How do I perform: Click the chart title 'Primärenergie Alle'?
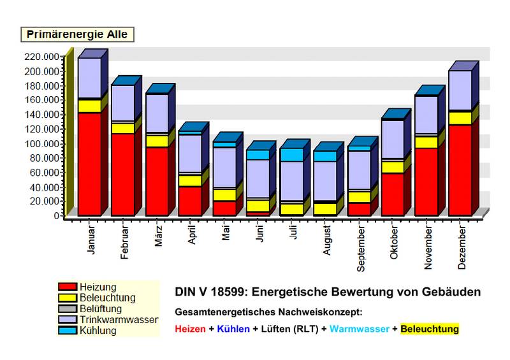(x=78, y=34)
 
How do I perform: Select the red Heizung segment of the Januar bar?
(x=89, y=164)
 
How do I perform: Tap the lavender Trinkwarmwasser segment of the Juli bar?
(x=291, y=181)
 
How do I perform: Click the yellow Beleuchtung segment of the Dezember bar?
(x=460, y=118)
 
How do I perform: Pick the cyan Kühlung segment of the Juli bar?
(x=291, y=155)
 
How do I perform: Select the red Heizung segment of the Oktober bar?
(x=392, y=194)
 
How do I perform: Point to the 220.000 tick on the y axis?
(x=43, y=57)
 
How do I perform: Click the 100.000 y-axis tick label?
(x=43, y=143)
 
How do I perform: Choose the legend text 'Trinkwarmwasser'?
(x=119, y=320)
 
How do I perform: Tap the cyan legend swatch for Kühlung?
(x=67, y=331)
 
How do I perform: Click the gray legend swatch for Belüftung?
(x=67, y=309)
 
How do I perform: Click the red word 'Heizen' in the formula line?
(x=191, y=329)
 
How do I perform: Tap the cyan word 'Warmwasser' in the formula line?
(x=358, y=329)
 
